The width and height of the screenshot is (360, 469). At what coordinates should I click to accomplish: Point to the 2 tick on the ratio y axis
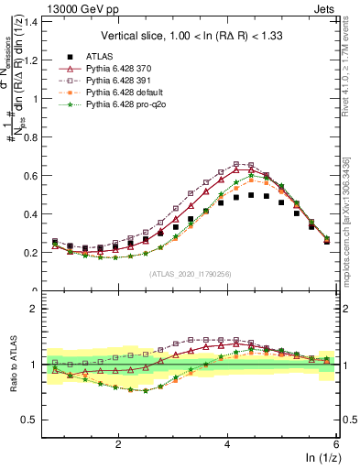[x=34, y=309]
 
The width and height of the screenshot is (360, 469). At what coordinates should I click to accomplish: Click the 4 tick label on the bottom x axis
[x=227, y=442]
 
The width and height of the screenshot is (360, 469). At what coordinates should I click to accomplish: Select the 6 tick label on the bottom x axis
[x=336, y=442]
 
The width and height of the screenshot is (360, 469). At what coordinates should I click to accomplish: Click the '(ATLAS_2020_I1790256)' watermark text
[x=191, y=273]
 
